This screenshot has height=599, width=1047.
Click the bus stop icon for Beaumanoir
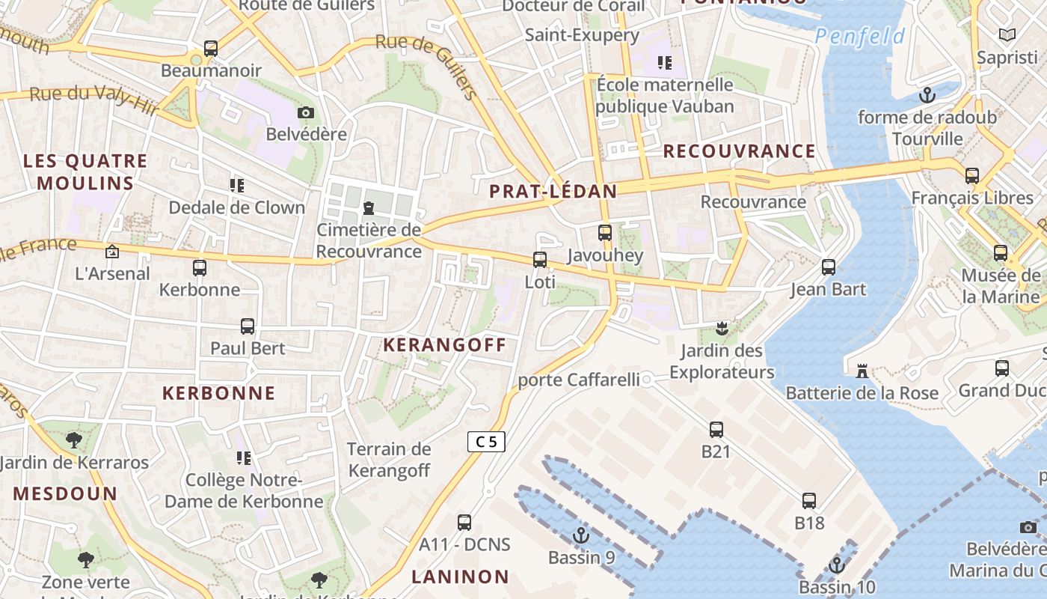(211, 49)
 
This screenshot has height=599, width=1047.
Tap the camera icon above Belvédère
(305, 113)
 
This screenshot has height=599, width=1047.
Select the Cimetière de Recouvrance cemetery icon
(369, 207)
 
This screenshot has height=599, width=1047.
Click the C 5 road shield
(486, 442)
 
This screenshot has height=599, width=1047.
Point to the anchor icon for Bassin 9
(580, 535)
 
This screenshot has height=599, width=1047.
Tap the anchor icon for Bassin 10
(836, 565)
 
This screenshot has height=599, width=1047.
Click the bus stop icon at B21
(716, 430)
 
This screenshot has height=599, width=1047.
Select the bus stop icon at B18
(809, 501)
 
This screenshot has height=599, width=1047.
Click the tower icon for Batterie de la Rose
(862, 371)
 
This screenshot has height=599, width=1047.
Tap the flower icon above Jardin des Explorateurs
(722, 328)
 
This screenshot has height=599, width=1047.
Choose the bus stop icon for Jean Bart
(828, 267)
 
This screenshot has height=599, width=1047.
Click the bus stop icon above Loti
(539, 260)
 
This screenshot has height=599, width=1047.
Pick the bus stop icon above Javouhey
(604, 233)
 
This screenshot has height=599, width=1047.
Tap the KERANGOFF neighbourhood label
(444, 345)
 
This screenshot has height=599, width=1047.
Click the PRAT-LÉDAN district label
(553, 192)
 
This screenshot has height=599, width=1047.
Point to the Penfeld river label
(860, 36)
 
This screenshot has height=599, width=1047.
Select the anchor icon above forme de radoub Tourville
(927, 95)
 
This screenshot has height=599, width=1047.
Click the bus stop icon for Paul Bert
(248, 326)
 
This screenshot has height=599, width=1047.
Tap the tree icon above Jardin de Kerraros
(73, 440)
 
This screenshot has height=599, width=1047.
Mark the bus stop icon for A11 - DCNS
(464, 522)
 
